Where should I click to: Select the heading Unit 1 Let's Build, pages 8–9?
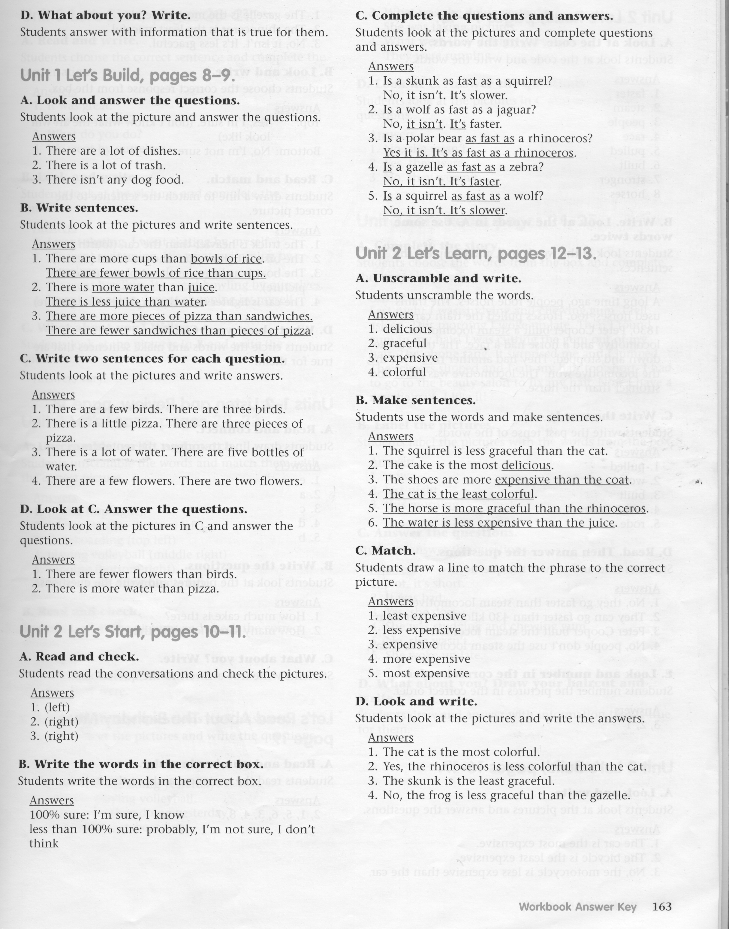click(127, 76)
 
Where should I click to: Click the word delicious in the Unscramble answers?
click(407, 329)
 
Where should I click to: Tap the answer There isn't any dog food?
click(114, 180)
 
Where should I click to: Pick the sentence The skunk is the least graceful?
click(468, 781)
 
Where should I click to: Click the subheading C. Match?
click(385, 551)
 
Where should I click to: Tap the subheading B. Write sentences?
click(79, 208)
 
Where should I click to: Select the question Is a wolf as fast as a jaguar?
click(459, 110)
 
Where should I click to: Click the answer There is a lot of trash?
click(105, 165)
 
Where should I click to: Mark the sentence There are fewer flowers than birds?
click(141, 574)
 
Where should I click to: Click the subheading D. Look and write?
click(416, 701)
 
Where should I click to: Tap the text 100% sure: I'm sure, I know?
click(107, 815)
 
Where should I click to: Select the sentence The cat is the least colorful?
click(459, 494)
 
